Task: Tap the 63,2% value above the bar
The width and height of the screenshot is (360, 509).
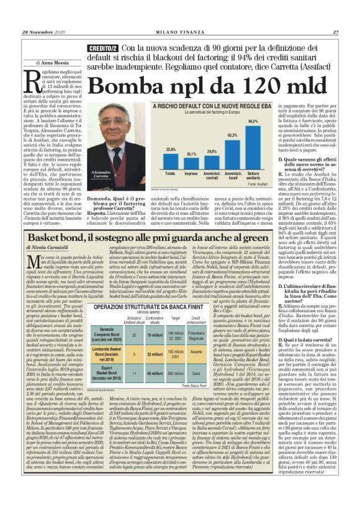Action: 232,135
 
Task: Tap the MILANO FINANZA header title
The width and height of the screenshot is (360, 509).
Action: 180,32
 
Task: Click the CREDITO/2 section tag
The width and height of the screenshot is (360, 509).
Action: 102,48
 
